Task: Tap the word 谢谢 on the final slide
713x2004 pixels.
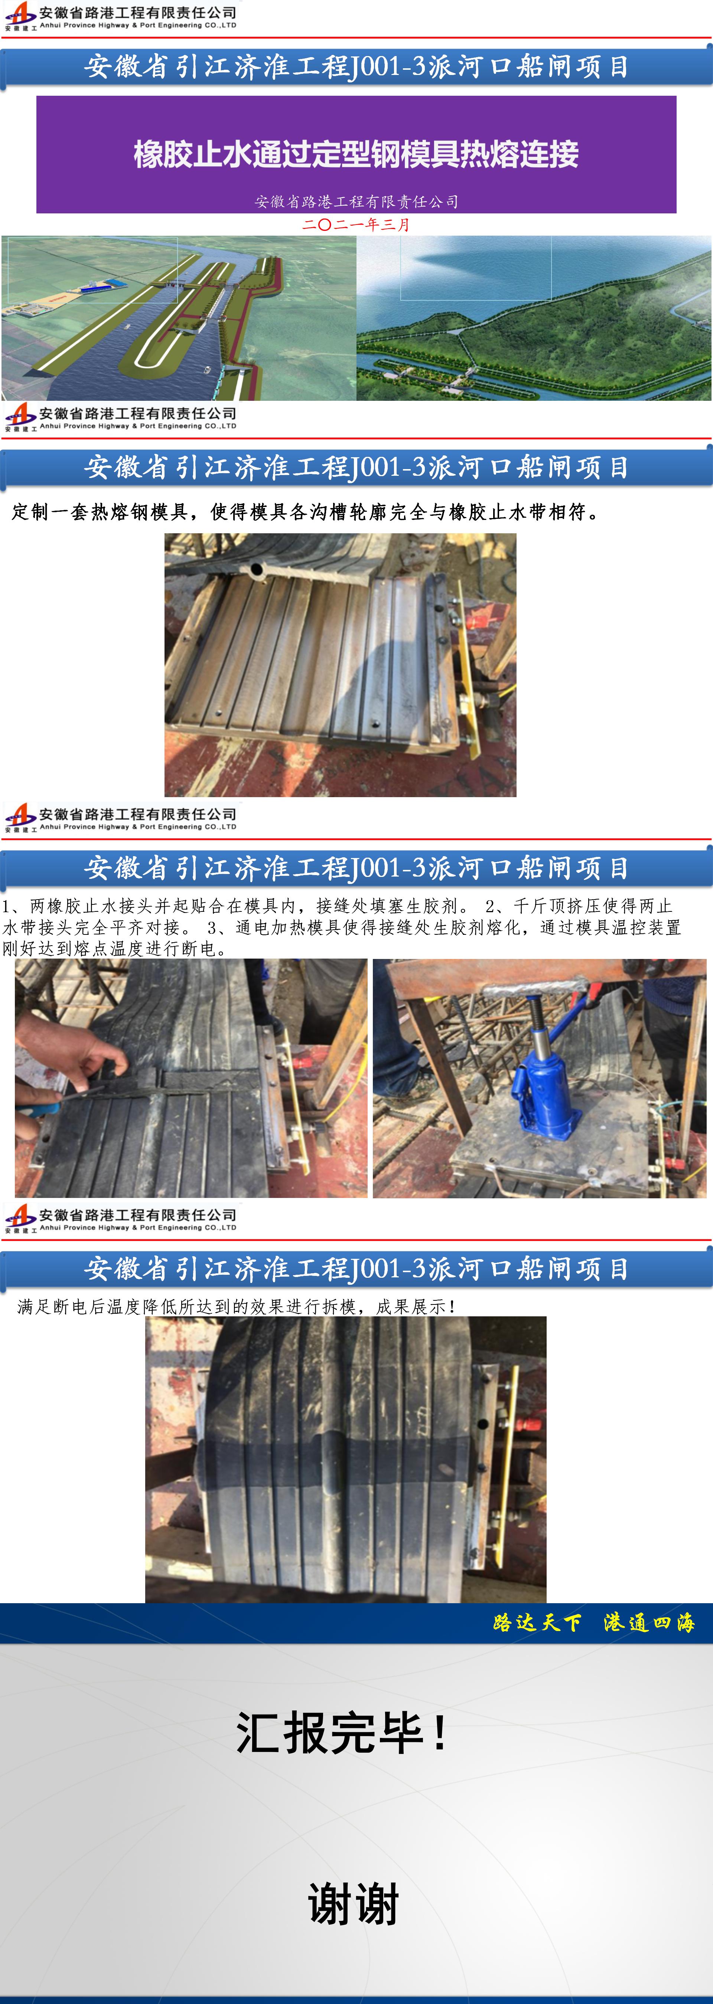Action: [x=354, y=1904]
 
